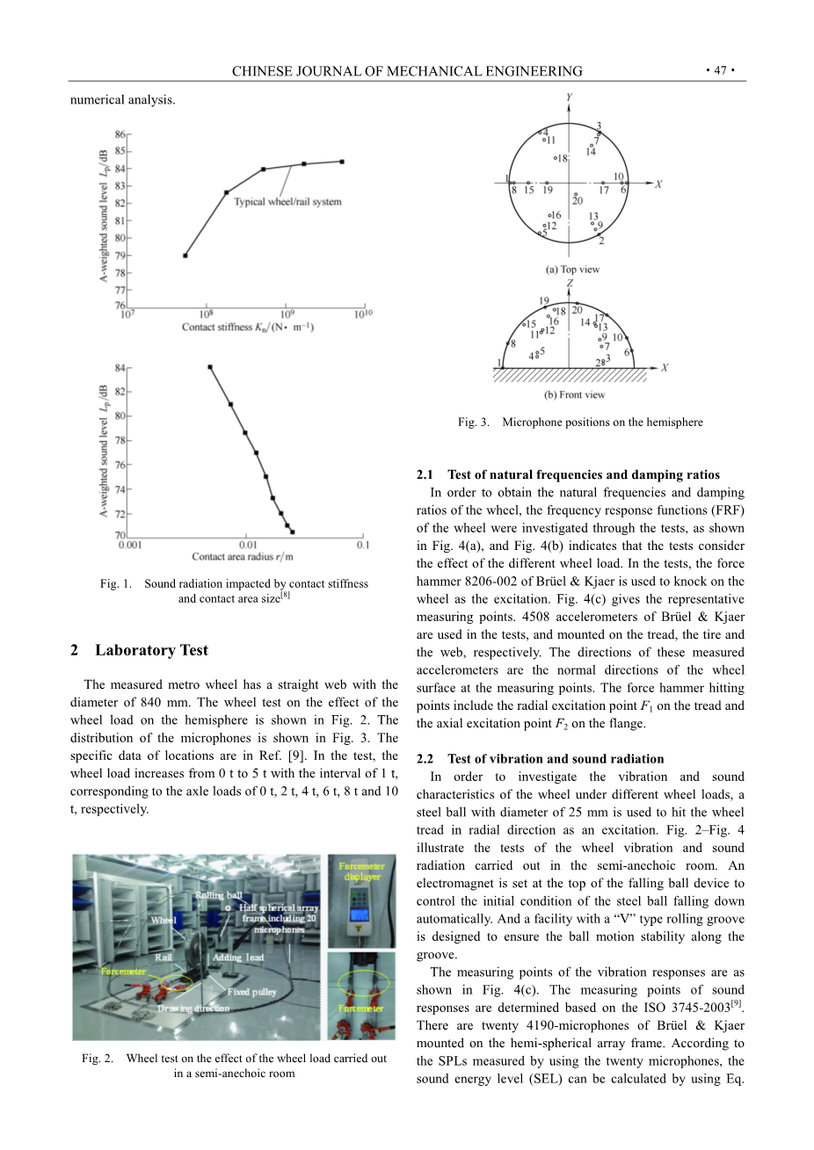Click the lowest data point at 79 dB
[x=185, y=256]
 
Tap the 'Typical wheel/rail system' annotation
[x=287, y=202]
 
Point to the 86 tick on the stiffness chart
[x=120, y=134]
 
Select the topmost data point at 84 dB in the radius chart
[x=210, y=367]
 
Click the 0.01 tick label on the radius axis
[x=249, y=545]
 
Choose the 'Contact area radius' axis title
[x=243, y=556]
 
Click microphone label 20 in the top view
[x=578, y=200]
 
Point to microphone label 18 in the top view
[x=563, y=159]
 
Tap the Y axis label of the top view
[x=569, y=97]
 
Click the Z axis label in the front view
[x=569, y=283]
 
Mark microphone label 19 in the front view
[x=545, y=300]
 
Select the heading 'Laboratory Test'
[x=151, y=650]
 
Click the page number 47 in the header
[x=720, y=71]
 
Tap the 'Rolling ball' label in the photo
[x=218, y=896]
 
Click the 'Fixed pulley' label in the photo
[x=251, y=992]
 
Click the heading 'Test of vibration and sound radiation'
[x=556, y=759]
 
